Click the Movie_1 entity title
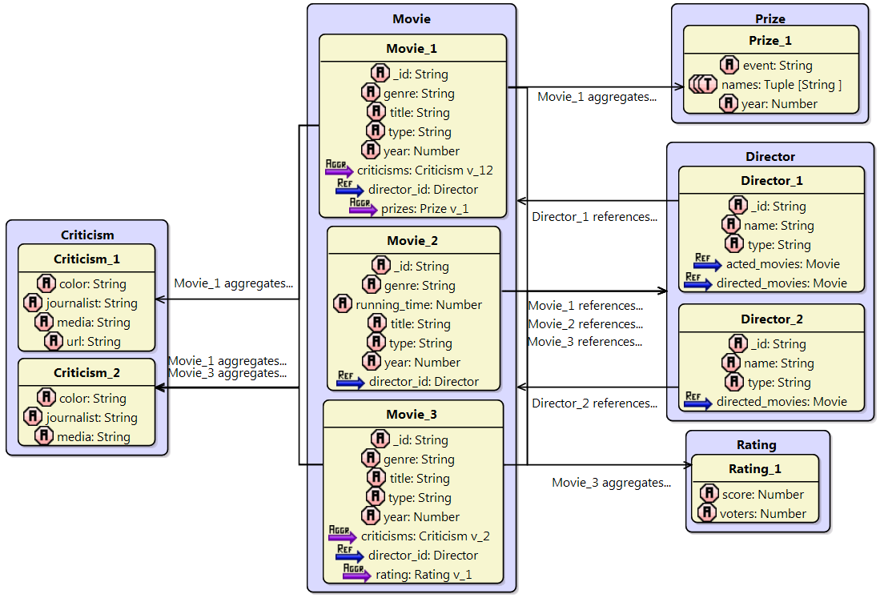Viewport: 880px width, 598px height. [412, 49]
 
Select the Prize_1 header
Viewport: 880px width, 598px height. [769, 40]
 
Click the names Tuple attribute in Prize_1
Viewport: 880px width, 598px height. [781, 85]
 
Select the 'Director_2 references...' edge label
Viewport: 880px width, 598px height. [594, 403]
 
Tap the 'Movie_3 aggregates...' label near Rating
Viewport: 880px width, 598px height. [611, 483]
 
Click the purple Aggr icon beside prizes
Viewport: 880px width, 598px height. [362, 208]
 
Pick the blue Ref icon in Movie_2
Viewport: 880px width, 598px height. [350, 382]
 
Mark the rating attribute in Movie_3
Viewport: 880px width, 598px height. [424, 575]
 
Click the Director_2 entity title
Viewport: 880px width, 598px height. [771, 319]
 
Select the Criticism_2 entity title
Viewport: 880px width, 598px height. [86, 373]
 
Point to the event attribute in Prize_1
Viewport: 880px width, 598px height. [778, 66]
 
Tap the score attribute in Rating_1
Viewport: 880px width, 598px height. [762, 495]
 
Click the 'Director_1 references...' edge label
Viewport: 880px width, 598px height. [594, 216]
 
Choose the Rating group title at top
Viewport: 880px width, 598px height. [756, 445]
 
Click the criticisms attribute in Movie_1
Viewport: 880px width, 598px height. [424, 171]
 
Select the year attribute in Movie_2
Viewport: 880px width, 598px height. [425, 363]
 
